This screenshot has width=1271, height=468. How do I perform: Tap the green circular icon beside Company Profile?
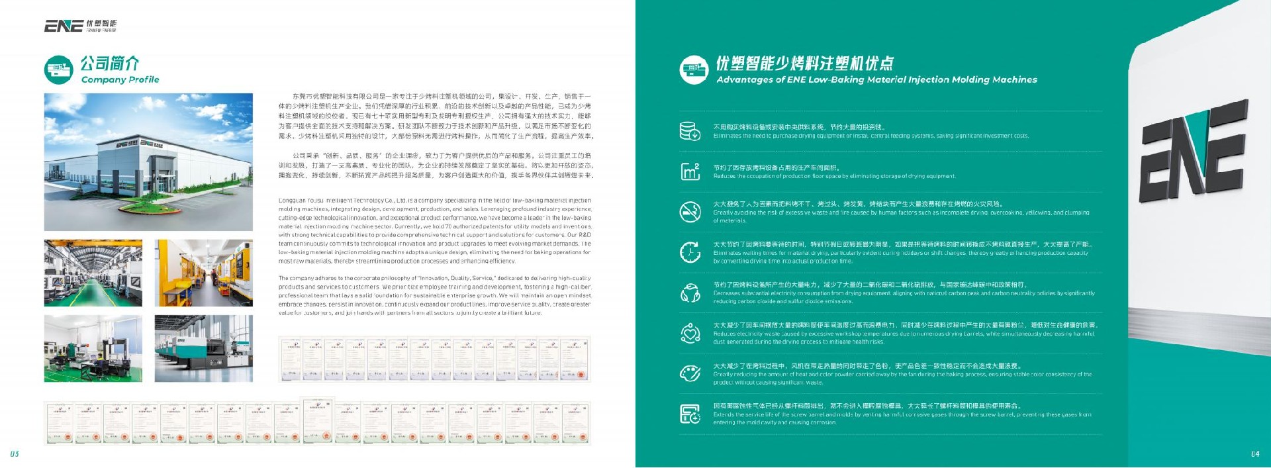point(58,70)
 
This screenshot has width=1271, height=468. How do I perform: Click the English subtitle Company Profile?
point(120,79)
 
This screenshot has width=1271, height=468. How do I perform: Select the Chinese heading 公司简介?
point(110,64)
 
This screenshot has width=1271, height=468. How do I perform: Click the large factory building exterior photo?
point(148,162)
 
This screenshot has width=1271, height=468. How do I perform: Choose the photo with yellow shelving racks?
point(203,273)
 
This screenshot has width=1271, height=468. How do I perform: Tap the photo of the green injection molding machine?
point(203,349)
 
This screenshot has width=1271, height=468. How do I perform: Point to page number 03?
point(15,454)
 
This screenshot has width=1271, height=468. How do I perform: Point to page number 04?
point(1255,454)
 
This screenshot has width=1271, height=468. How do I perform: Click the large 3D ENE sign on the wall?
point(1192,152)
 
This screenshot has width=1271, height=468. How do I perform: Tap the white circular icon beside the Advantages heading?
point(694,70)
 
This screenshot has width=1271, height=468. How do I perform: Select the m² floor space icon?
point(690,171)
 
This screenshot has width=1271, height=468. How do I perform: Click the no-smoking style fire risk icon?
point(690,212)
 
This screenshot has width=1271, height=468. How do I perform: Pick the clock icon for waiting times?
point(690,252)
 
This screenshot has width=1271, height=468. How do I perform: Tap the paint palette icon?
point(690,373)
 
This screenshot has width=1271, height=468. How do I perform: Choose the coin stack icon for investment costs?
point(690,131)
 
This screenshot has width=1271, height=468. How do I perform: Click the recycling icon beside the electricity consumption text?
point(690,293)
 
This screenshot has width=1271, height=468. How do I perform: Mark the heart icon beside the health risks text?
point(690,333)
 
